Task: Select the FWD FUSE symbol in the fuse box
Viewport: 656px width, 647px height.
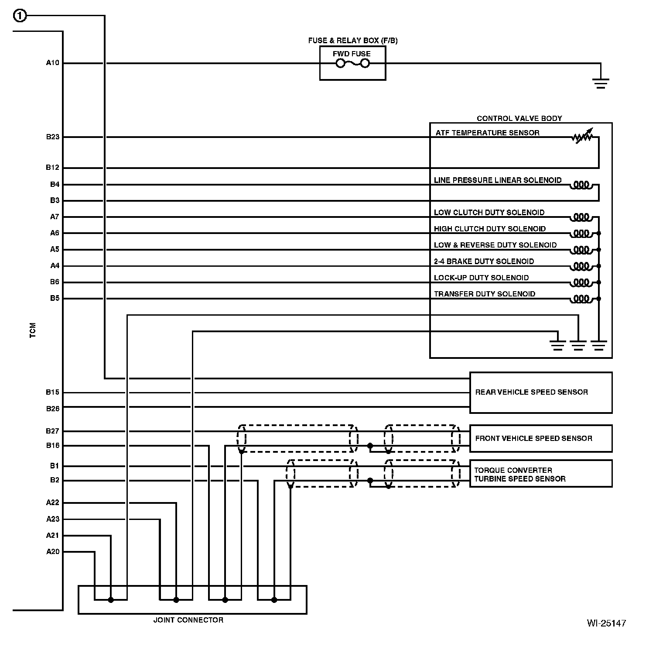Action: (352, 64)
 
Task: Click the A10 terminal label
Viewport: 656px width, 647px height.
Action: (52, 63)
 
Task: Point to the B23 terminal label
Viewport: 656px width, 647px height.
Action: (52, 137)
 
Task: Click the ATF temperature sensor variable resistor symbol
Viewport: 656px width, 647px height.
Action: (582, 137)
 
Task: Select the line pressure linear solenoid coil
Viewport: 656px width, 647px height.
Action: (581, 185)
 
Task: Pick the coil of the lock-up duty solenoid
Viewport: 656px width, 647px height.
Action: (581, 282)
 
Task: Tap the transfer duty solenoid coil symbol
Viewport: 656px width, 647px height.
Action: (581, 299)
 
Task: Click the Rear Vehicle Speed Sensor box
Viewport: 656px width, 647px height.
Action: (540, 392)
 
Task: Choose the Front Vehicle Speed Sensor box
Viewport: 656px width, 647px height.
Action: (540, 438)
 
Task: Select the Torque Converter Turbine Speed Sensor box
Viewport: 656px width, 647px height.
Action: (540, 474)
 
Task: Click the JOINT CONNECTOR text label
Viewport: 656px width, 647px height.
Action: (188, 620)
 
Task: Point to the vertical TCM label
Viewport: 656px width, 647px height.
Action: (33, 330)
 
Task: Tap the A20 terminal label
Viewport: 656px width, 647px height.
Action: (52, 552)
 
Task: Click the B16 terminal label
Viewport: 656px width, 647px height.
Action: (52, 446)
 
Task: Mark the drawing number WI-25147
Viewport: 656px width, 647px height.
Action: (606, 623)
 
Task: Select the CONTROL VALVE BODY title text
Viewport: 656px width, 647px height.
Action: (519, 118)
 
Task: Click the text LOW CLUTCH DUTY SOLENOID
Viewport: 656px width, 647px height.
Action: (489, 213)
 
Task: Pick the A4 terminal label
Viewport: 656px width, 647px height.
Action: (54, 266)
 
